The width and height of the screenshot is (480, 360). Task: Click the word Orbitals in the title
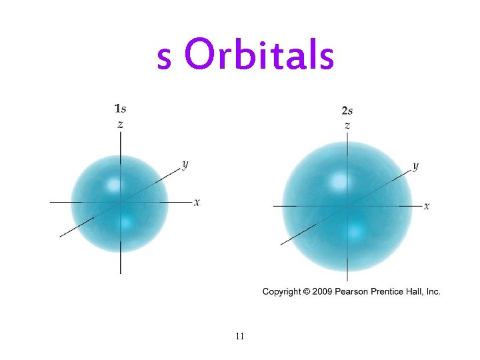259,56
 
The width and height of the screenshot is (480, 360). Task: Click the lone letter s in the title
164,59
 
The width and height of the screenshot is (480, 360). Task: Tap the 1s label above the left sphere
121,108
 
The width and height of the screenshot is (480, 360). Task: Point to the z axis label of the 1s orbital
120,124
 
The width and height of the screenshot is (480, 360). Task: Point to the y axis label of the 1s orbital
185,165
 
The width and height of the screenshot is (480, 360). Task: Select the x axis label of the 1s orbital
197,201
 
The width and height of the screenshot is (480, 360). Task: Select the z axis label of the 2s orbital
347,125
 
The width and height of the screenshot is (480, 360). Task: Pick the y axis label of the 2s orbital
415,166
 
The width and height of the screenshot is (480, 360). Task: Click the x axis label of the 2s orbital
427,206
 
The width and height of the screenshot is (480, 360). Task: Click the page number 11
239,335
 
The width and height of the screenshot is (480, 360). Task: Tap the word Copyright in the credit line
281,291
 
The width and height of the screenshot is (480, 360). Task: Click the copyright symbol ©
307,291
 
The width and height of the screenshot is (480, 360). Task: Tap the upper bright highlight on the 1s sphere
113,185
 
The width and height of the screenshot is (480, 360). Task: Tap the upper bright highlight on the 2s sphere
341,180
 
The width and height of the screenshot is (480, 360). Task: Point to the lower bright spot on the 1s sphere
125,219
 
